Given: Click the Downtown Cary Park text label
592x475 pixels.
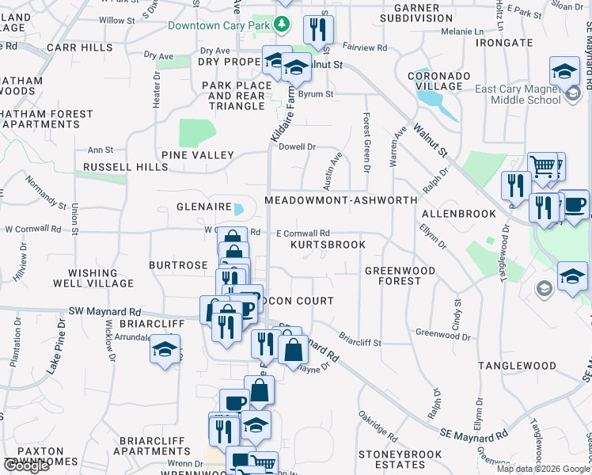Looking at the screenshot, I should (219, 25).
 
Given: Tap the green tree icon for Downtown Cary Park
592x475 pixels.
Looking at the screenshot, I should (281, 25).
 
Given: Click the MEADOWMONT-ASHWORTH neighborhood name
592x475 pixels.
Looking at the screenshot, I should (340, 200).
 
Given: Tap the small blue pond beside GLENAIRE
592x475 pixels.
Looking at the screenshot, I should (239, 209).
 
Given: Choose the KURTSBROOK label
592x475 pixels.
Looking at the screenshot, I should (328, 245).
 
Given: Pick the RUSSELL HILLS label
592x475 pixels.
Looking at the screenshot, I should (115, 168).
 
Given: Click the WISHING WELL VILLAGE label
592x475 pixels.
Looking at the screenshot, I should (93, 277).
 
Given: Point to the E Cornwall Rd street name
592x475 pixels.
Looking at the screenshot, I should (302, 233).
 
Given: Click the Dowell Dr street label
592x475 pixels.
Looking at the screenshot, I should (297, 146).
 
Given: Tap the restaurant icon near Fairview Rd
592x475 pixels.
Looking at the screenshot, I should (318, 30).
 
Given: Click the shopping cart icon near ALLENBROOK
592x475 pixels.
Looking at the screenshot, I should (543, 166).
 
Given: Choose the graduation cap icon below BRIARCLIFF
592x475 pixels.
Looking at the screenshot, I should (164, 349).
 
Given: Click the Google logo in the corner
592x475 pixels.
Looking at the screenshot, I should (26, 465).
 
